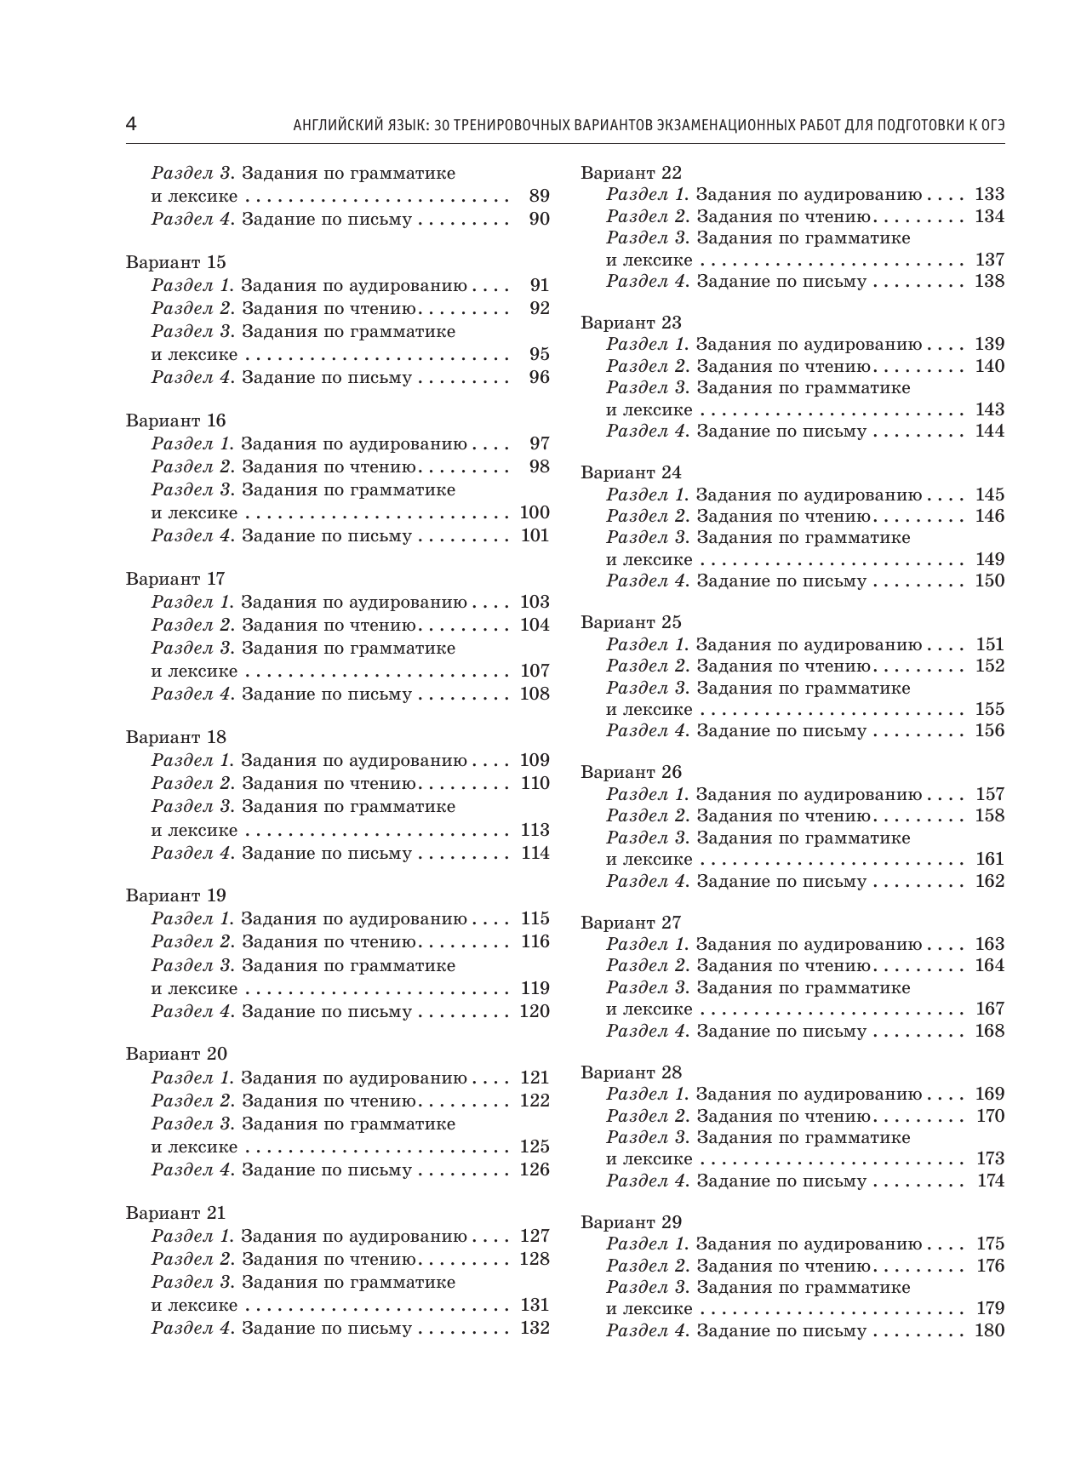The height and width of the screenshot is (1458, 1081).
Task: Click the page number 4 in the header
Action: point(131,124)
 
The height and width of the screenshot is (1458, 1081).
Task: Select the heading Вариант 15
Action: point(175,262)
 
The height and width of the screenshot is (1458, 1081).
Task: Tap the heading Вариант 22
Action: point(631,173)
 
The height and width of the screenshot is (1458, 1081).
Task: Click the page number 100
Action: point(535,512)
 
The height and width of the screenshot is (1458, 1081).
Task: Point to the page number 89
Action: point(540,196)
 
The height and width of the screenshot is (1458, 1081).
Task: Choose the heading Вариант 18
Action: point(175,737)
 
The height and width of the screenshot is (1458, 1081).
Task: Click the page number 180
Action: point(989,1330)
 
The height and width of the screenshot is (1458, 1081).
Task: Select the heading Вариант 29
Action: point(631,1222)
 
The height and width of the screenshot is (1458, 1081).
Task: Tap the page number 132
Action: point(535,1328)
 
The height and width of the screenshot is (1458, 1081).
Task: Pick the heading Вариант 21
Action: point(175,1213)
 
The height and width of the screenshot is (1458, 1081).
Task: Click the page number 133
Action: point(989,194)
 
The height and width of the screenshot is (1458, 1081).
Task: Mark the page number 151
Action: point(990,644)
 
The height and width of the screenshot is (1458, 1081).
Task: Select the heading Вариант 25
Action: point(631,622)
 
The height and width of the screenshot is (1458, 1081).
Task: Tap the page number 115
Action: point(535,918)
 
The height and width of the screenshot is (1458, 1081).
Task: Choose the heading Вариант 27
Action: point(631,923)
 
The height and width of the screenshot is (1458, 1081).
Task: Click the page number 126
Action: point(535,1169)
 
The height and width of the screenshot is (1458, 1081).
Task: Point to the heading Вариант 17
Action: point(175,579)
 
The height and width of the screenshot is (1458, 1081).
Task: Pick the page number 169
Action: point(990,1094)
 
